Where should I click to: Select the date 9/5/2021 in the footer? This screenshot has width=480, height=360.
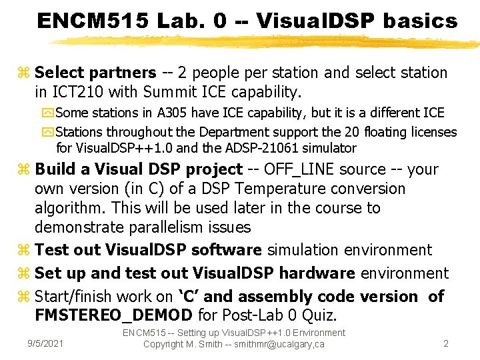(45, 343)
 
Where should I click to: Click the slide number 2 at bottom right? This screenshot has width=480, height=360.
(446, 343)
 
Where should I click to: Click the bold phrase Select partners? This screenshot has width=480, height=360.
(95, 72)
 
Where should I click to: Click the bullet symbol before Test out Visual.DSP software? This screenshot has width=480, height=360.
(25, 251)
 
